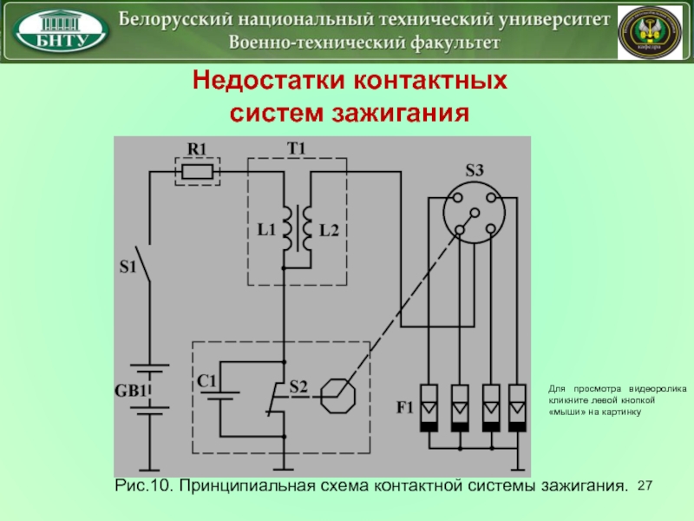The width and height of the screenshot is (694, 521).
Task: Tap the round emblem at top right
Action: pos(649,31)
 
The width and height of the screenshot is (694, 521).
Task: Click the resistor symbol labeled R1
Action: pos(199,172)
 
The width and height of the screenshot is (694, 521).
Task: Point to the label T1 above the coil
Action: pos(297,148)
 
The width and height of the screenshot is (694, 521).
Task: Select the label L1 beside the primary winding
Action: pos(265,230)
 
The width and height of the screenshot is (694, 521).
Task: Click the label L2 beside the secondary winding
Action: pos(328,230)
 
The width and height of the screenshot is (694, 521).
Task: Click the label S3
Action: pos(474,171)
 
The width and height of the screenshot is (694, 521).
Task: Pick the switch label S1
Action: pos(128,267)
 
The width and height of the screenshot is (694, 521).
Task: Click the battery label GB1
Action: pos(132,392)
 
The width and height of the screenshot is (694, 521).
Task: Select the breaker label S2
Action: pos(298,386)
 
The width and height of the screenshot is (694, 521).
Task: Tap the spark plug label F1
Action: pos(406,406)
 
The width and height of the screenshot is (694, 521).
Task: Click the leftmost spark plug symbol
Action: pos(429,407)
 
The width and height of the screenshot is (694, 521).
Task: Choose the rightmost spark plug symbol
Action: pos(518,407)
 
